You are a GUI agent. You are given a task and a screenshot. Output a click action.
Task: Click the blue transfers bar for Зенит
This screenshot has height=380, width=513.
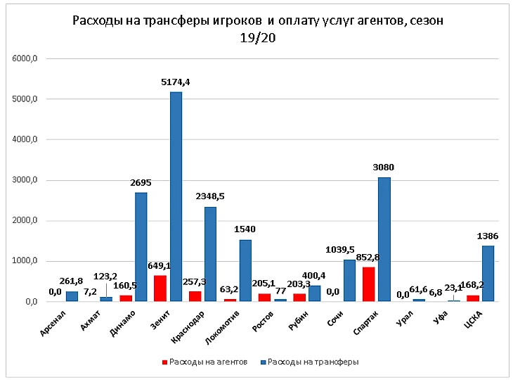(176, 197)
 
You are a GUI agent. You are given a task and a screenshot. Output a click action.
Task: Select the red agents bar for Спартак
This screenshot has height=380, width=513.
(369, 284)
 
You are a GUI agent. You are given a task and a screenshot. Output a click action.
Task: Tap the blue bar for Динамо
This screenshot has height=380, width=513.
(141, 247)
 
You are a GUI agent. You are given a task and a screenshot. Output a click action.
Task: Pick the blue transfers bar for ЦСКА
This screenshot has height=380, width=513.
(488, 274)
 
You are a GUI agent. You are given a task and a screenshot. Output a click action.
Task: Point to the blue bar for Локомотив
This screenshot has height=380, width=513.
(245, 271)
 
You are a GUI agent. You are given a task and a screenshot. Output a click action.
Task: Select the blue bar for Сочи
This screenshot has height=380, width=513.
(349, 281)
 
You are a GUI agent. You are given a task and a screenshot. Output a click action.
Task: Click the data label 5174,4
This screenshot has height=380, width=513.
(176, 82)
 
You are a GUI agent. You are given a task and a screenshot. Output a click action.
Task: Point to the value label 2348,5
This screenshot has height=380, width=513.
(211, 197)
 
